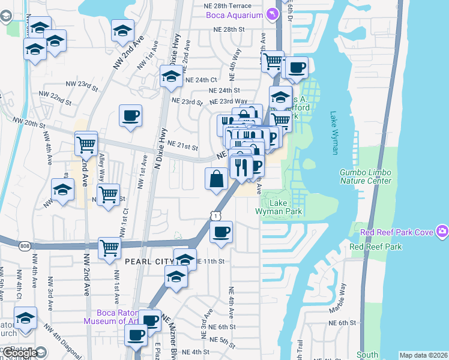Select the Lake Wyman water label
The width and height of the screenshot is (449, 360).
point(334,133)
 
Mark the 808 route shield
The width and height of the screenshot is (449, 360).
point(24,245)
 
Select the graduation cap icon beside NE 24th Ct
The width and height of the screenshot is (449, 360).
point(171,76)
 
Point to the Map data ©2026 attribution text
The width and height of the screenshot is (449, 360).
point(423,355)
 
